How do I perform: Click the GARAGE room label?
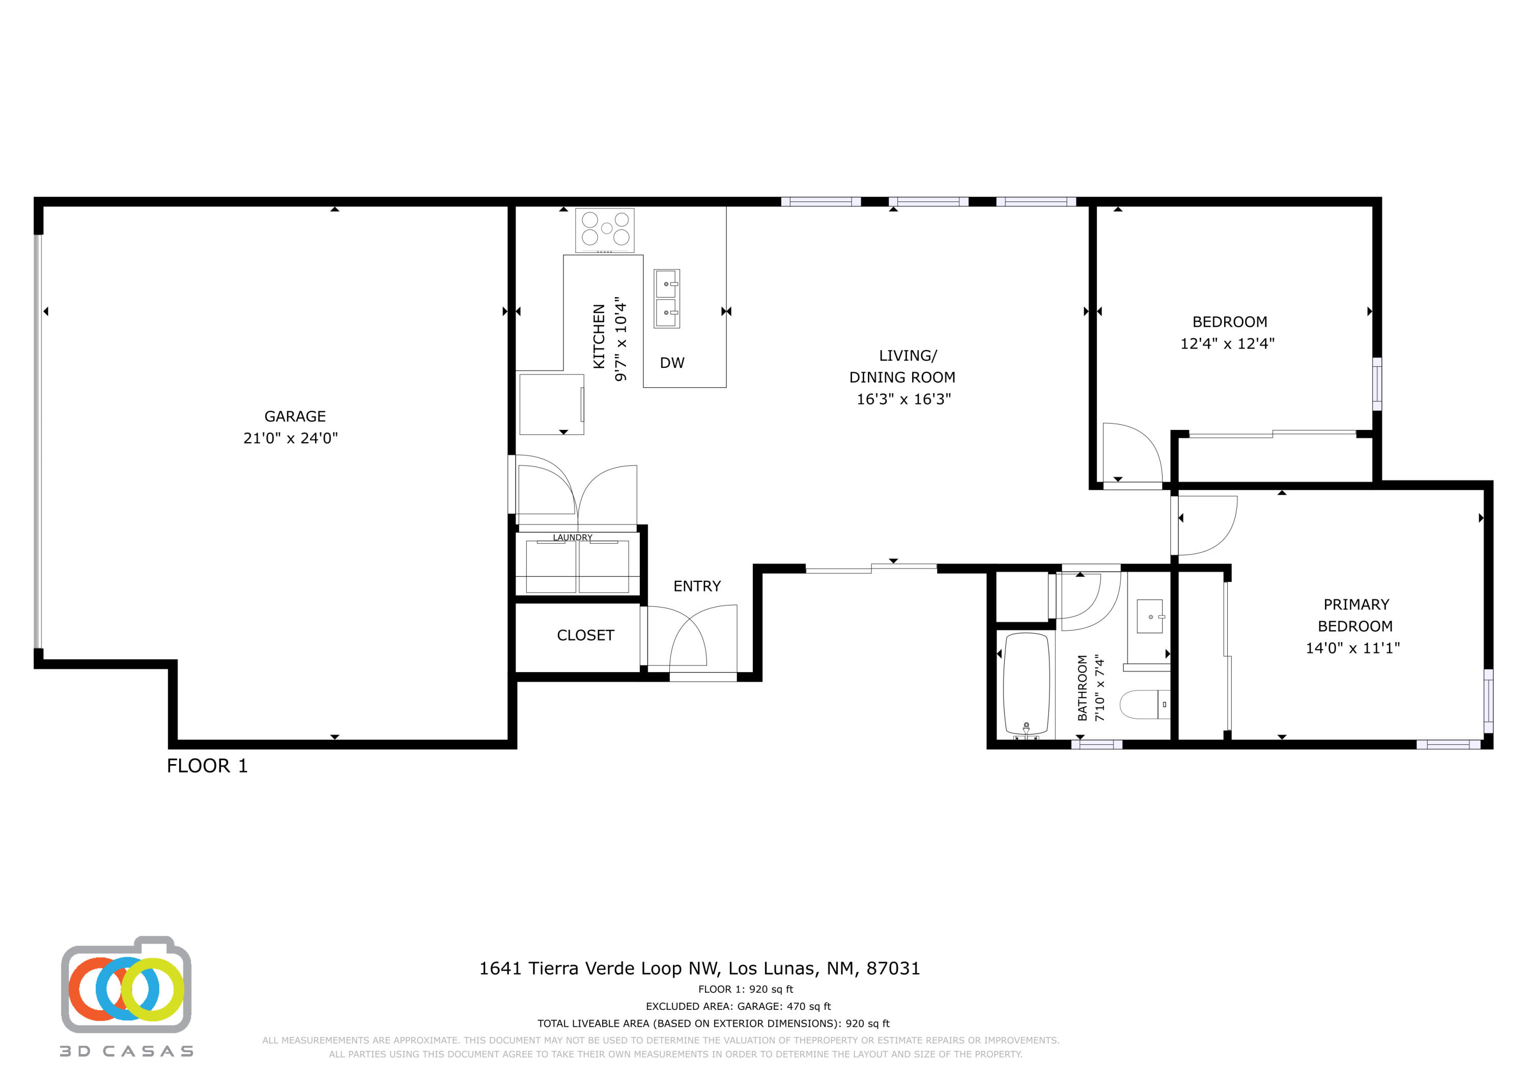[x=295, y=416]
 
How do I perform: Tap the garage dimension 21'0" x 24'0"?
[x=291, y=438]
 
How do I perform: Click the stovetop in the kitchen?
[x=605, y=229]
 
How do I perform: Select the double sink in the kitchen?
[x=666, y=299]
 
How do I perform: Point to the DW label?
[x=672, y=363]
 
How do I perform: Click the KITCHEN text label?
[x=599, y=336]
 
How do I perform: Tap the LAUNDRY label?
[x=572, y=537]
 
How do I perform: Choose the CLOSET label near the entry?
[x=585, y=635]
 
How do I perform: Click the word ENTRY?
[x=696, y=587]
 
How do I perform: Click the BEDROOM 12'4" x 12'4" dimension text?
[x=1227, y=344]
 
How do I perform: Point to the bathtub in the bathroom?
[x=1026, y=685]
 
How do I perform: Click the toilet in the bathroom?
[x=1144, y=705]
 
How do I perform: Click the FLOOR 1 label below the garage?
[x=207, y=766]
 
